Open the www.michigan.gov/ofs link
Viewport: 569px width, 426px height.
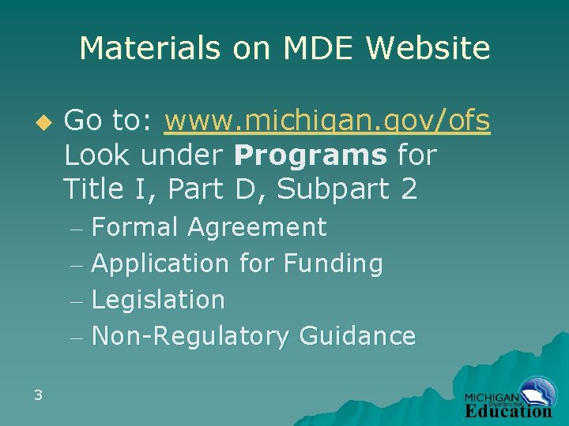point(327,121)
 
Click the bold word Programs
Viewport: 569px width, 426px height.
point(311,155)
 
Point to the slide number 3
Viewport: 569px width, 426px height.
point(38,394)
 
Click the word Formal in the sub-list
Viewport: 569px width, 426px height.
point(134,227)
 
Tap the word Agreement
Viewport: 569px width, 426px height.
point(257,227)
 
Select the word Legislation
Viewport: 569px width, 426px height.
point(158,300)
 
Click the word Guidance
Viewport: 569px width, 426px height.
point(357,336)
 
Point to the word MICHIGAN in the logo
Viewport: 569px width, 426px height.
point(491,398)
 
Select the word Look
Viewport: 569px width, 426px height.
point(96,155)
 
